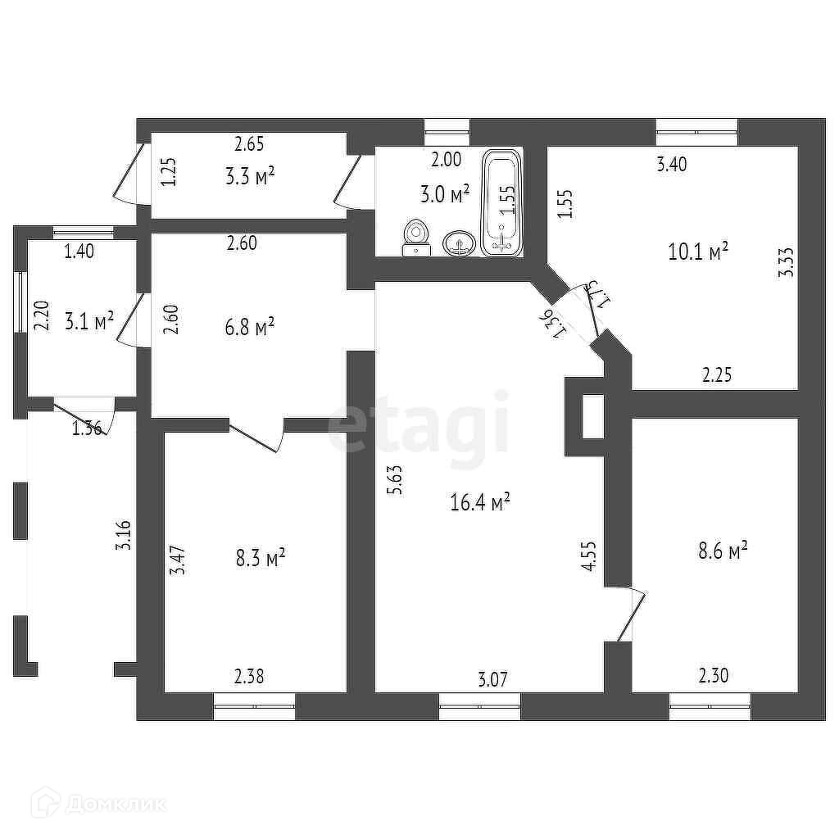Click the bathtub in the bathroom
click(501, 202)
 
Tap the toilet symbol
click(417, 238)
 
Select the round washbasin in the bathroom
click(460, 243)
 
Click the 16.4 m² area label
click(480, 501)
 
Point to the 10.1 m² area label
click(698, 252)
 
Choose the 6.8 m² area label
click(249, 328)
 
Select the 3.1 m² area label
click(89, 320)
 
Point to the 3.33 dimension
click(787, 262)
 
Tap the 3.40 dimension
click(672, 164)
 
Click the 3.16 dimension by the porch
click(125, 534)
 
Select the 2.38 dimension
click(249, 677)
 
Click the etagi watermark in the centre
click(419, 425)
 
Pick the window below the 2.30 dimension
click(710, 705)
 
